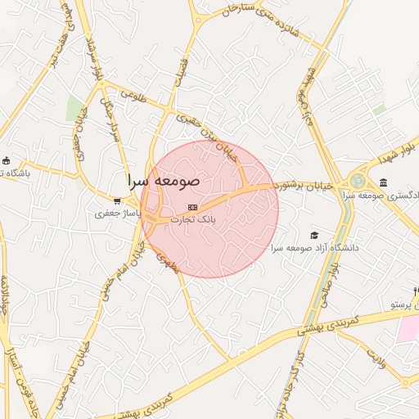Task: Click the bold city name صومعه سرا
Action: coord(160,178)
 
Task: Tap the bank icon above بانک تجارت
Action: coord(192,208)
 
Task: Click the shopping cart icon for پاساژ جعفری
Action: coord(119,200)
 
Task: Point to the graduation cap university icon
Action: coord(314,236)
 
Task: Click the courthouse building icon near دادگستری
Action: coord(383,182)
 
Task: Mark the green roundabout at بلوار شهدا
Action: coord(358,182)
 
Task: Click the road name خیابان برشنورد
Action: coord(304,186)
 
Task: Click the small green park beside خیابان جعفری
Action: coord(75,108)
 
